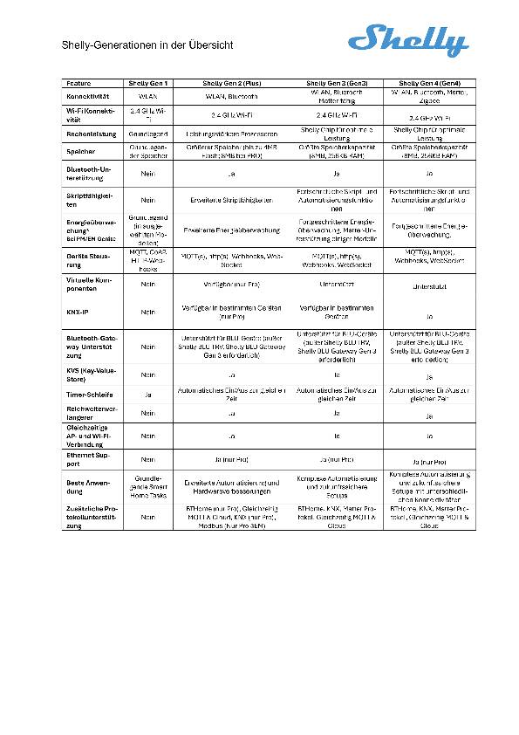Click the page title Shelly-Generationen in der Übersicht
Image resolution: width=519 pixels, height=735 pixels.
(147, 45)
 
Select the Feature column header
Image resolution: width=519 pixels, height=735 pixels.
(79, 83)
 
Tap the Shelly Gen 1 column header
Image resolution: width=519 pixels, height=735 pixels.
(147, 83)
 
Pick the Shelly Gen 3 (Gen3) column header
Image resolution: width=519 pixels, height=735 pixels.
(330, 83)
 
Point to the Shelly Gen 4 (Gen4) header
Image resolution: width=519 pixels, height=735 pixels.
(429, 83)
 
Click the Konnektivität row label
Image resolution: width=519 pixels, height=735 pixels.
(86, 96)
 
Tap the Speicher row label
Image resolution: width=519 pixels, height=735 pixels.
(81, 151)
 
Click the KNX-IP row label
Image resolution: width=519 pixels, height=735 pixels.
(78, 311)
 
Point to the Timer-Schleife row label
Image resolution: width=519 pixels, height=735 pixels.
(89, 395)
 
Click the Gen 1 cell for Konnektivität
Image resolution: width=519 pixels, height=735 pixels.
(147, 96)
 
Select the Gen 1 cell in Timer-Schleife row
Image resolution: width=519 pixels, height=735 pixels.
(147, 395)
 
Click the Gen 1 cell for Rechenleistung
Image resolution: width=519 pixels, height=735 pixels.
(147, 134)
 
